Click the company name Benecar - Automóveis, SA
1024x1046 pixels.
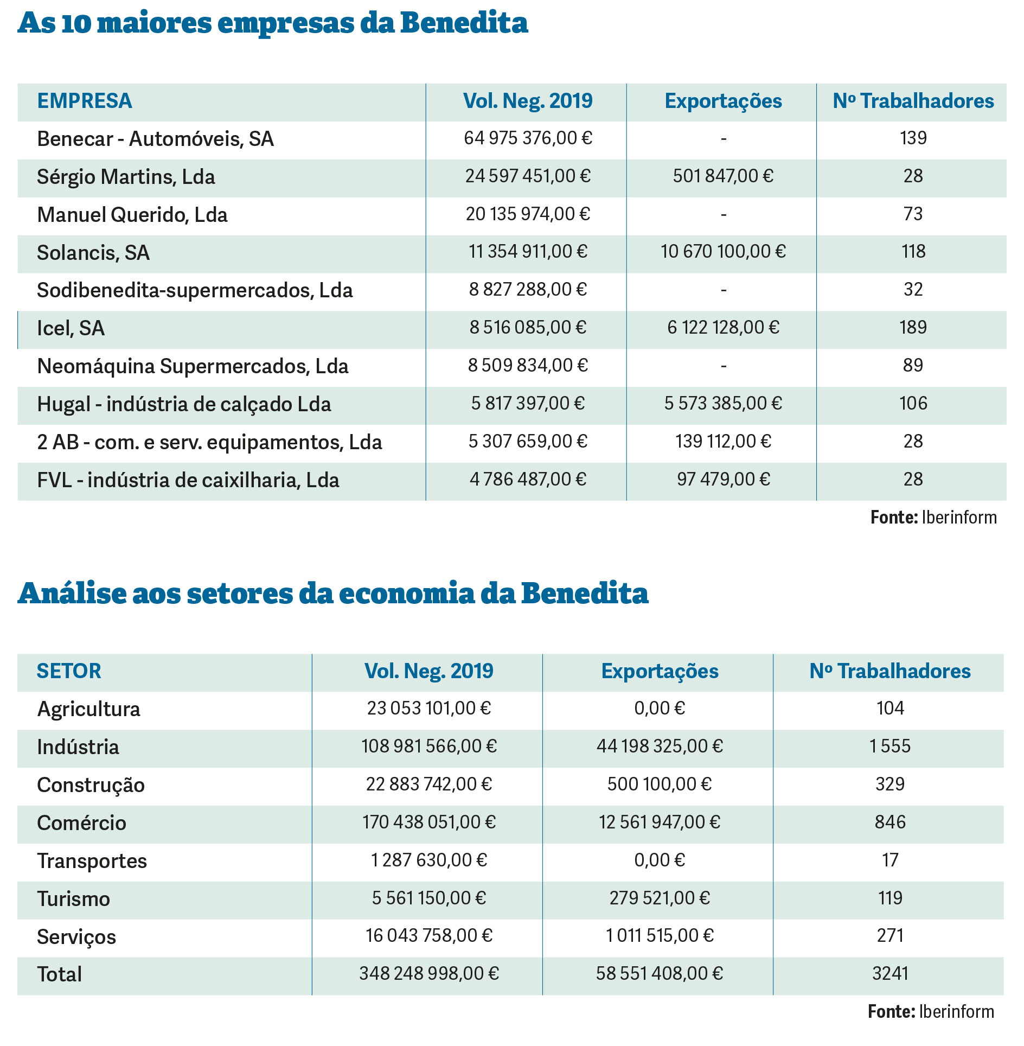(155, 139)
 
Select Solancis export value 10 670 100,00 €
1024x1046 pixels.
(723, 252)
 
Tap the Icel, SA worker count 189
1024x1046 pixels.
(913, 328)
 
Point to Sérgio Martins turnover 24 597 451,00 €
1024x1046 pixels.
(528, 176)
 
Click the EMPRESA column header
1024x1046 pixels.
(85, 101)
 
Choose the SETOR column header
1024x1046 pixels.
(69, 671)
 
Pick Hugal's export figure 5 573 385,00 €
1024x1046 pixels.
(723, 404)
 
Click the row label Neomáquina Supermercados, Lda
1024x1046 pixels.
(193, 366)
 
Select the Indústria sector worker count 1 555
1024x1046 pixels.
(890, 747)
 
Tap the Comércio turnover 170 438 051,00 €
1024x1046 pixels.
(429, 822)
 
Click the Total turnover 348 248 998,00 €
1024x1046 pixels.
(429, 974)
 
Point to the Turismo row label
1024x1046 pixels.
(74, 899)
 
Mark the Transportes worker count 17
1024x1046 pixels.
(890, 860)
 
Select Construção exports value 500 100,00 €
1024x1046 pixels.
(659, 784)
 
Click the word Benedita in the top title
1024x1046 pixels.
(464, 23)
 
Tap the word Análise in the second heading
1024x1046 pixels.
(72, 593)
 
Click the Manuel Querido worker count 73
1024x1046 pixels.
(913, 214)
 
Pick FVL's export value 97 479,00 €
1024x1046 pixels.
(723, 480)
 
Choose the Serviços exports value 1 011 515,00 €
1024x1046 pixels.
(660, 936)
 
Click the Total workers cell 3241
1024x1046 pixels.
(890, 974)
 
